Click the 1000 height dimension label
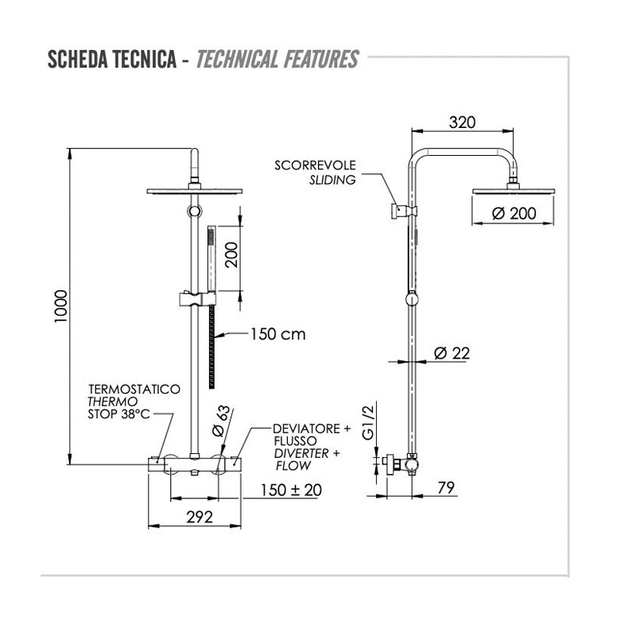click(61, 306)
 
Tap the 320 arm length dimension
click(463, 122)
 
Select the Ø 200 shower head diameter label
click(514, 213)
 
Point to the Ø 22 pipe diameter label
click(452, 353)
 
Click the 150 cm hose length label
click(277, 334)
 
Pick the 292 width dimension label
click(200, 518)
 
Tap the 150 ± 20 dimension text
click(291, 490)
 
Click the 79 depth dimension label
click(446, 487)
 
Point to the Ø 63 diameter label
click(221, 421)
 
